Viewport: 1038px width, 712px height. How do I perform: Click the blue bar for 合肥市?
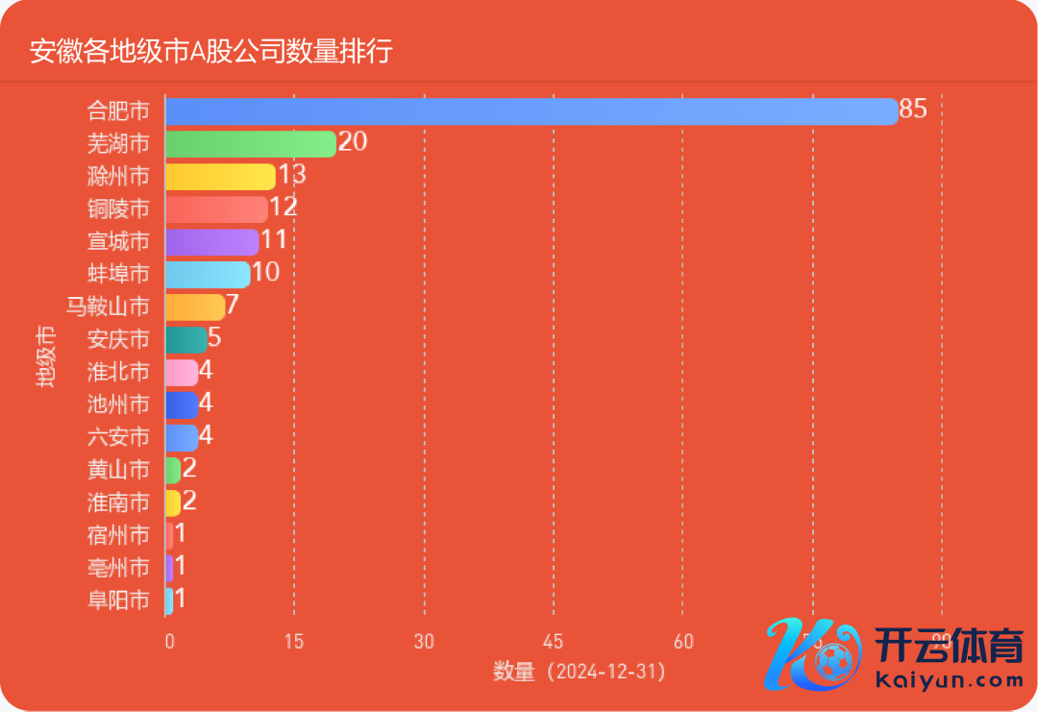click(531, 110)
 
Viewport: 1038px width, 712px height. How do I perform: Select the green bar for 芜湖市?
click(250, 143)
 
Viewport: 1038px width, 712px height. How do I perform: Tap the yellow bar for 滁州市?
click(220, 176)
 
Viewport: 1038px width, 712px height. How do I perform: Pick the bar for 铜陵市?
click(216, 209)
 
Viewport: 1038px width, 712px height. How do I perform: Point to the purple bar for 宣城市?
click(211, 241)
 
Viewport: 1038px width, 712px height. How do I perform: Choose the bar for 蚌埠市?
click(208, 274)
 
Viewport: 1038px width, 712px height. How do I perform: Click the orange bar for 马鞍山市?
click(195, 307)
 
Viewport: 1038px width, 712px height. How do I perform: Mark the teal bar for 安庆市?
click(186, 339)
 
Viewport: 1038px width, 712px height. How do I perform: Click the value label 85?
click(913, 110)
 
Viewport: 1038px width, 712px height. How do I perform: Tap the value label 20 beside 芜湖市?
click(353, 142)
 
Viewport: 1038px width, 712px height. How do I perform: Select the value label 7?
click(232, 306)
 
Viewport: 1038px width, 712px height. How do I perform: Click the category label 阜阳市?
click(118, 601)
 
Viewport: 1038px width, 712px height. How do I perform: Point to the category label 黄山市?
click(118, 470)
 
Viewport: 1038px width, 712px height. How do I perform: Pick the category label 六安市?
click(118, 437)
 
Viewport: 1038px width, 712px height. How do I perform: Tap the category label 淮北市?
click(118, 372)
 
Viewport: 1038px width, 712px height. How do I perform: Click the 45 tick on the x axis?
click(554, 642)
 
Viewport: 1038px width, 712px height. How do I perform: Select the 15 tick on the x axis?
click(294, 642)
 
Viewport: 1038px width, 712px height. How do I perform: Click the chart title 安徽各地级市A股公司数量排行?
click(210, 51)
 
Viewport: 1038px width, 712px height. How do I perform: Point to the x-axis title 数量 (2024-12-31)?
click(580, 672)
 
